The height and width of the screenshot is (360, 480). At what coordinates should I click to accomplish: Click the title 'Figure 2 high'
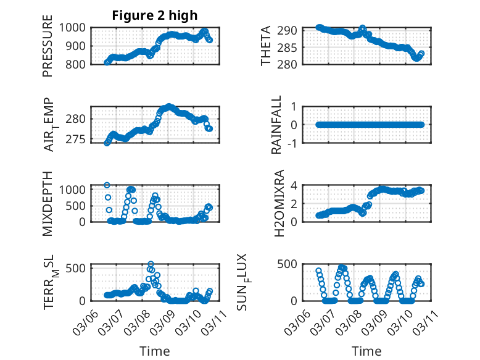click(155, 15)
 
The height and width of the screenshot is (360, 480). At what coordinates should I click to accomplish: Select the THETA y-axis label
click(266, 46)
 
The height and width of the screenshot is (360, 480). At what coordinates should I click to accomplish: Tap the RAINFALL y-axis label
click(277, 125)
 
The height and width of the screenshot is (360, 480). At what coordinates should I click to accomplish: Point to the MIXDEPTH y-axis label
click(48, 203)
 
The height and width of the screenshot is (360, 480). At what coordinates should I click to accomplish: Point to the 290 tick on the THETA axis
click(291, 30)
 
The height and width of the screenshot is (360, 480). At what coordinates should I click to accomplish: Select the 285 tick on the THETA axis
click(291, 48)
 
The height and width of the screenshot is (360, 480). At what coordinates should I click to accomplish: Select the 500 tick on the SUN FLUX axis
click(291, 264)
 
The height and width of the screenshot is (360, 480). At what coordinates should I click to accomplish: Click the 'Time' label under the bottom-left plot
click(155, 351)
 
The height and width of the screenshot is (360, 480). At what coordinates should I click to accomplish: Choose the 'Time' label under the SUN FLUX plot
click(366, 351)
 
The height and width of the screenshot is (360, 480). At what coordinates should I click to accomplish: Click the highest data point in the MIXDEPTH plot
click(107, 185)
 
